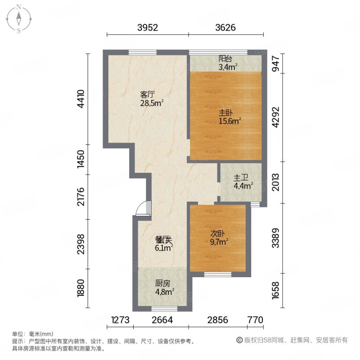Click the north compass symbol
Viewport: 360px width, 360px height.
click(x=19, y=19)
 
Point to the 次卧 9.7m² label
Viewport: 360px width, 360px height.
click(x=218, y=237)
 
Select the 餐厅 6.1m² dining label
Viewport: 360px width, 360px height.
click(x=163, y=243)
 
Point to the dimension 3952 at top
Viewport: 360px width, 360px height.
click(x=147, y=27)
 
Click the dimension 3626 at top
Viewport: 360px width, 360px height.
click(x=225, y=27)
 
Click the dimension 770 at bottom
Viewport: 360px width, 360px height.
click(x=255, y=320)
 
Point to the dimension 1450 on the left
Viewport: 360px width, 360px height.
click(x=81, y=160)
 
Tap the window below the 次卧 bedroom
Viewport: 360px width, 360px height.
click(x=218, y=274)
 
